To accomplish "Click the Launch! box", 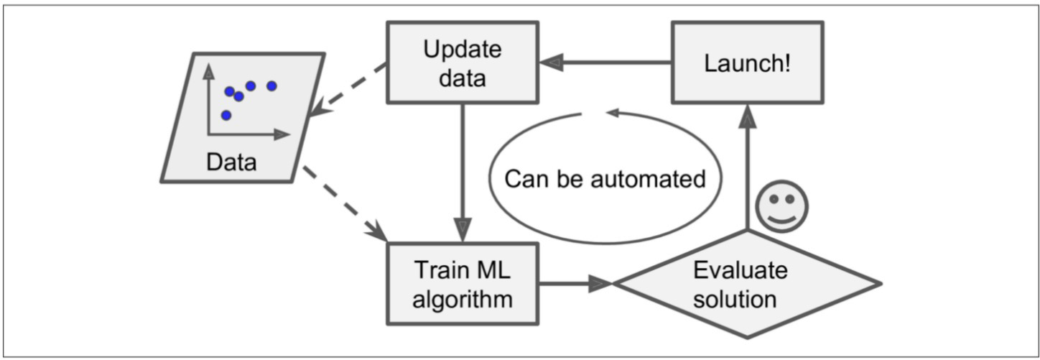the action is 748,63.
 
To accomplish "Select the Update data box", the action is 463,63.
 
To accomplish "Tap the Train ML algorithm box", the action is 463,283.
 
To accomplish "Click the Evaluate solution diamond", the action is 748,283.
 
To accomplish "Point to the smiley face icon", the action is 782,207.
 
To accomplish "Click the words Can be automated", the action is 605,179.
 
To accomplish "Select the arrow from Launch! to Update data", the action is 605,63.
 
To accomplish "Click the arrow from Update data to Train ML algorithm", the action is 463,172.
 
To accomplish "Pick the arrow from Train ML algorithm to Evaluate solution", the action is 576,283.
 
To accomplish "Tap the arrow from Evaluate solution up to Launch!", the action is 748,167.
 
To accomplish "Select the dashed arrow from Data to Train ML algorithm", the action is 345,204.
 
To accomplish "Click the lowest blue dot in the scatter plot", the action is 226,115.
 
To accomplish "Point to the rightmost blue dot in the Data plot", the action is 272,86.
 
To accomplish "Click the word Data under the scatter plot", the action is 231,162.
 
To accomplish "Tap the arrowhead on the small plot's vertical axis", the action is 209,71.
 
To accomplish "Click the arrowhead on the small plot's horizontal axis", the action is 282,134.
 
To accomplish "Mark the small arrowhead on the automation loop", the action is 613,112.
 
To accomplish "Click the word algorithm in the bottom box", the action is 463,300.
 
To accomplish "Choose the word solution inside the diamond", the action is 735,300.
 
